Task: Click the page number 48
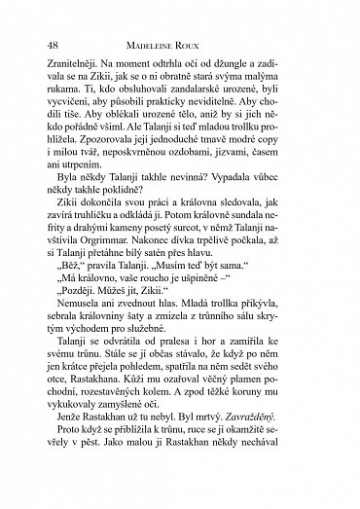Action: click(54, 47)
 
